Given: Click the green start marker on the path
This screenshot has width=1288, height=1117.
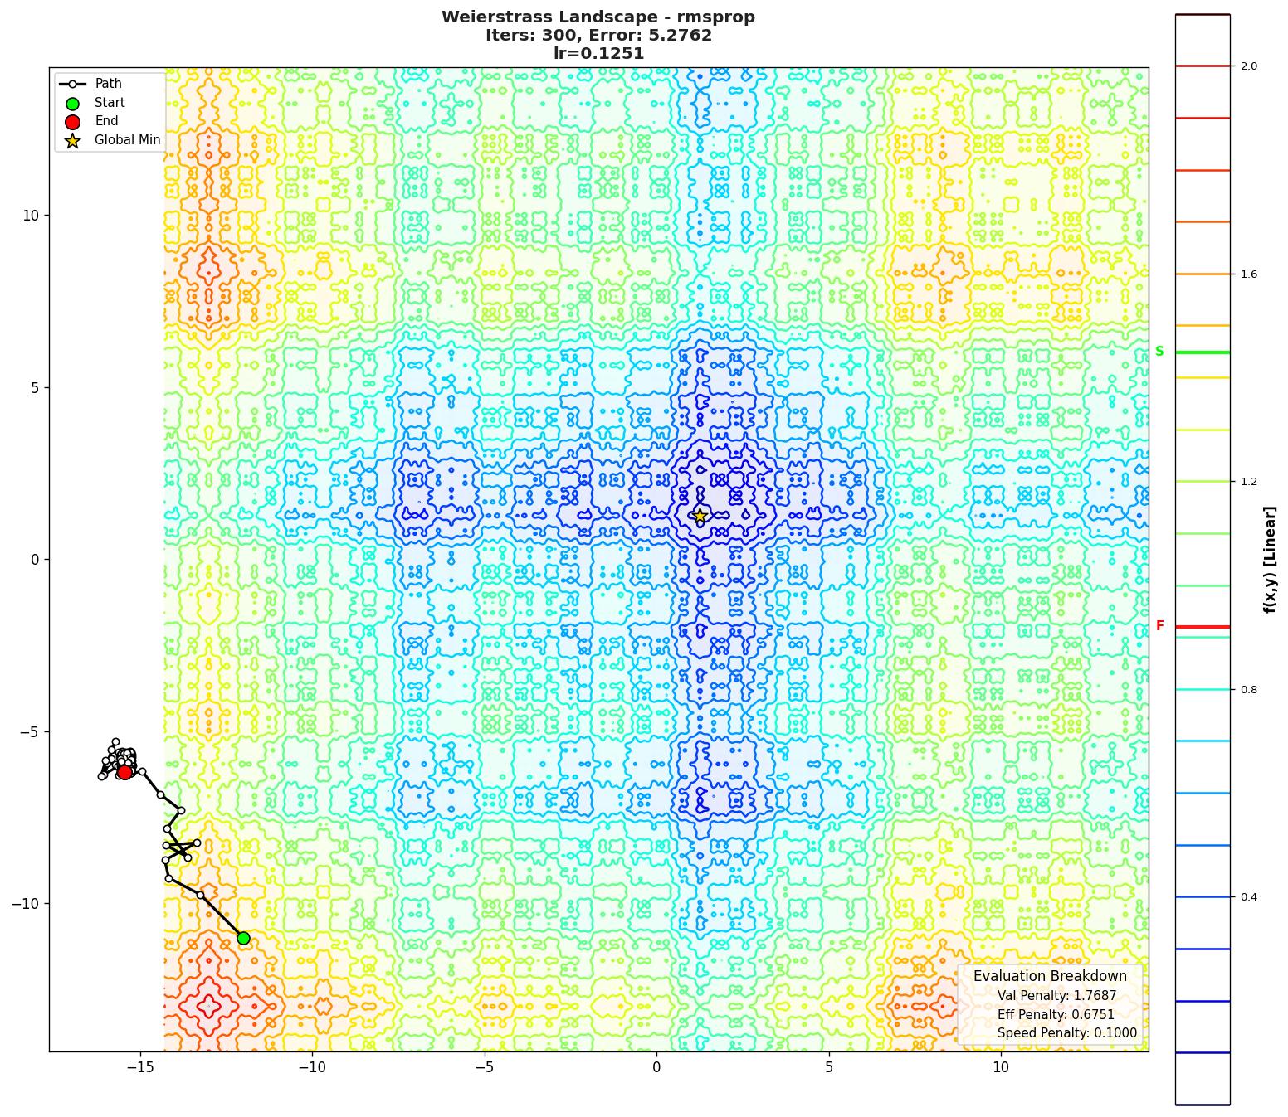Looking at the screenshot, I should click(x=243, y=938).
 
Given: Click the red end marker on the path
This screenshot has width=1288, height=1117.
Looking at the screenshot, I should click(x=124, y=772).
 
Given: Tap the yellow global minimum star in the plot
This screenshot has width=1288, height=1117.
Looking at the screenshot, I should click(x=700, y=516).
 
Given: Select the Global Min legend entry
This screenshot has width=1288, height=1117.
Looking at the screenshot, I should click(x=127, y=140).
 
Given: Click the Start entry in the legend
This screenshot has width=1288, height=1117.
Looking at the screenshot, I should click(x=110, y=103).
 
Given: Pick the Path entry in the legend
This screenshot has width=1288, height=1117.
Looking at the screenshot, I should click(x=108, y=84).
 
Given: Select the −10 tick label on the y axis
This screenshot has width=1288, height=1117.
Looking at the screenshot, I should click(x=27, y=904).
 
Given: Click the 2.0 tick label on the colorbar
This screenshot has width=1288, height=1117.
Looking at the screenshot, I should click(x=1249, y=66).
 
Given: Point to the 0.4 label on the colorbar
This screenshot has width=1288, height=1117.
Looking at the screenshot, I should click(x=1249, y=897).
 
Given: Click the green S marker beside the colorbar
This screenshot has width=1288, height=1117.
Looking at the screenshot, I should click(x=1159, y=352).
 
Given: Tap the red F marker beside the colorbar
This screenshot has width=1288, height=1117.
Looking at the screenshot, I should click(x=1159, y=626).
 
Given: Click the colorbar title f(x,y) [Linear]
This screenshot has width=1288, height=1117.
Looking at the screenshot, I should click(x=1270, y=560).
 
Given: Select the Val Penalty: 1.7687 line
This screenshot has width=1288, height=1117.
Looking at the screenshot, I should click(x=1056, y=996).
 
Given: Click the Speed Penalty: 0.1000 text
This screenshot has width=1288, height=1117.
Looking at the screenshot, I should click(x=1066, y=1033).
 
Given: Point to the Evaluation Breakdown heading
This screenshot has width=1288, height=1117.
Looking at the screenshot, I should click(x=1050, y=976).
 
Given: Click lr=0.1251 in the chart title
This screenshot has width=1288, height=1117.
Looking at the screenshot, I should click(x=598, y=54).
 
